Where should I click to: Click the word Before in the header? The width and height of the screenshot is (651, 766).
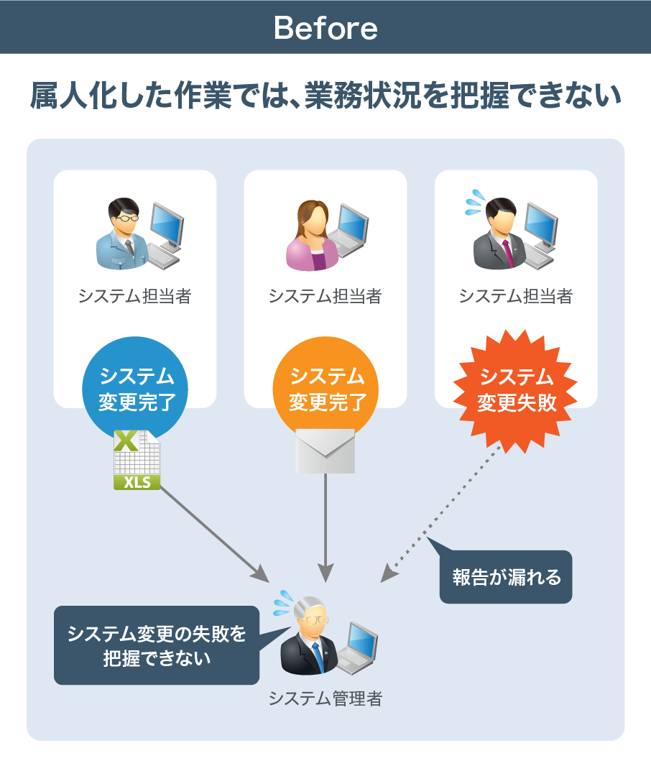[325, 28]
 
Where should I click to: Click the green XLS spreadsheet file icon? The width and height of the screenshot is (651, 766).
[137, 460]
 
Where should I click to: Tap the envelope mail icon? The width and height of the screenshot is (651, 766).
[325, 451]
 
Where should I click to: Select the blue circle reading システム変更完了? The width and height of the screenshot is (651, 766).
[137, 388]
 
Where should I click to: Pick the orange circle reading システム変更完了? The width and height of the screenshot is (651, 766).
[326, 388]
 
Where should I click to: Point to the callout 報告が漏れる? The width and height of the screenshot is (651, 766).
[506, 577]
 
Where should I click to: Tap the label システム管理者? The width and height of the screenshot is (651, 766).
[325, 698]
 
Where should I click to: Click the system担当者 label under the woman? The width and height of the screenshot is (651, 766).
[325, 296]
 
